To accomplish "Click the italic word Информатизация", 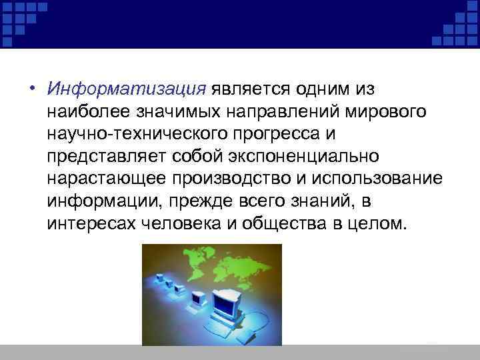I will [126, 89].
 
